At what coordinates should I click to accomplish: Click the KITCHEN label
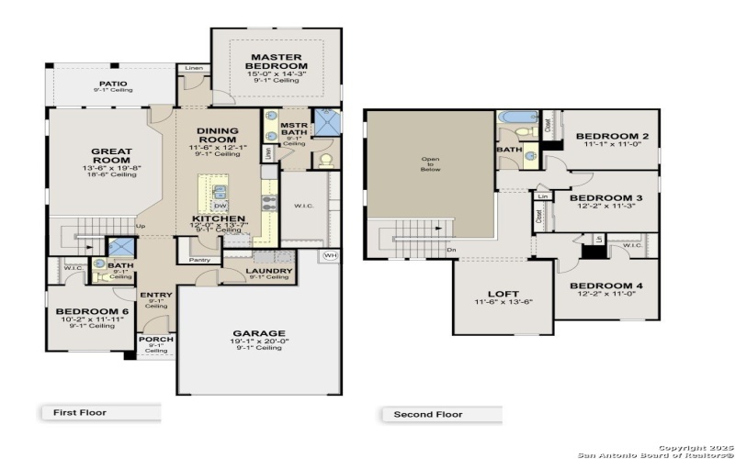point(218,218)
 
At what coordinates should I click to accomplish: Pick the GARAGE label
point(258,333)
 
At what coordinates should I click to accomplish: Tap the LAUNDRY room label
point(269,271)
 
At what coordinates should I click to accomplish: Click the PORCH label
point(156,339)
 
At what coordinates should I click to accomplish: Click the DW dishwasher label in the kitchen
point(220,206)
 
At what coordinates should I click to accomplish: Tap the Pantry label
point(200,260)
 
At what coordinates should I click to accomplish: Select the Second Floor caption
point(427,414)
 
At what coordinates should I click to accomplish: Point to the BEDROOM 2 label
point(612,137)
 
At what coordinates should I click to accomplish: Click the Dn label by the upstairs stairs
point(451,250)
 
